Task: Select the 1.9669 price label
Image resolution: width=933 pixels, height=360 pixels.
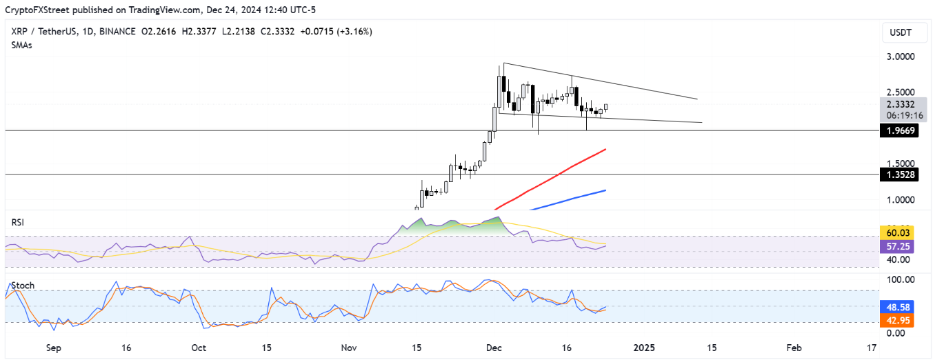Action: (899, 130)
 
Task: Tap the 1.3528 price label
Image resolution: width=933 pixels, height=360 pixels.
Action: (899, 175)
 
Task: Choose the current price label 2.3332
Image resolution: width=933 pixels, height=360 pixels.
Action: (899, 105)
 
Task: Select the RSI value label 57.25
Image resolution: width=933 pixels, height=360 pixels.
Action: (899, 246)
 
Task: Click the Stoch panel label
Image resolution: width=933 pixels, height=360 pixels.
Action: (22, 286)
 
